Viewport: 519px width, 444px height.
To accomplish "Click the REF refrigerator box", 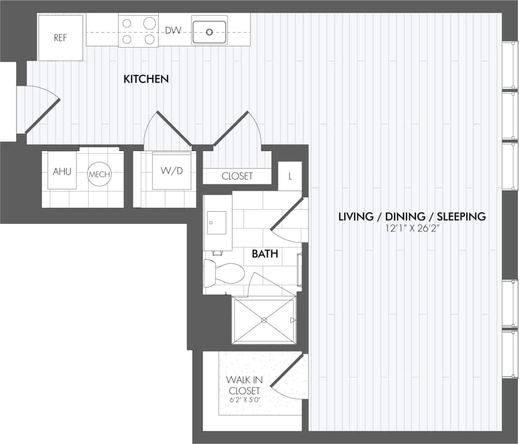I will click(x=61, y=38).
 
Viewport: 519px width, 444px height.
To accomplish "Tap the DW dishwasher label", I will click(x=173, y=30).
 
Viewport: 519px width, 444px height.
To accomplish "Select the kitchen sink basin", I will click(x=209, y=30).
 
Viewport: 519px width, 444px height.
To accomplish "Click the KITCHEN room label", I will click(x=146, y=79).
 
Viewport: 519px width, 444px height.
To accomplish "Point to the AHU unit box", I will click(x=62, y=171).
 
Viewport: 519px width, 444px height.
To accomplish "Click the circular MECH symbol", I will click(x=99, y=174).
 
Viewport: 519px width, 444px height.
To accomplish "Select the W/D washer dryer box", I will click(x=172, y=171).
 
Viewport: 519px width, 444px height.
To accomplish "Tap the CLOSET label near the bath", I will click(x=237, y=176).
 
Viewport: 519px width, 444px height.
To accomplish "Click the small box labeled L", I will click(x=290, y=176).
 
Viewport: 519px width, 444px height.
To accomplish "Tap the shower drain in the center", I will click(x=264, y=320).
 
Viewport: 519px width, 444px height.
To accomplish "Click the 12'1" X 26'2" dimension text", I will click(x=412, y=228).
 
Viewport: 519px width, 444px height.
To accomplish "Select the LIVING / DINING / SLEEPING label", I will click(x=412, y=216).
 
